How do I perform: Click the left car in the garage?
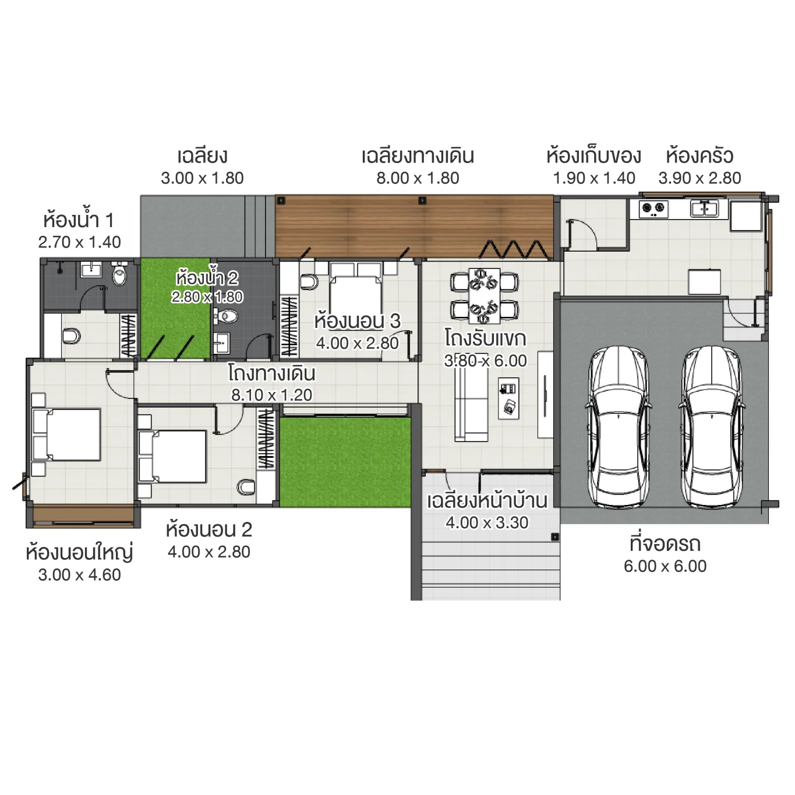(x=618, y=427)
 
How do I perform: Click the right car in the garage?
(x=712, y=427)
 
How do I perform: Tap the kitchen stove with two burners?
(x=653, y=208)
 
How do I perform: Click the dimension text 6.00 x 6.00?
(x=665, y=566)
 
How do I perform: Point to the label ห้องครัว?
(x=699, y=156)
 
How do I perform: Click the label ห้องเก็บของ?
(x=593, y=156)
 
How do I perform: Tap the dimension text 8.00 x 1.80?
(x=418, y=178)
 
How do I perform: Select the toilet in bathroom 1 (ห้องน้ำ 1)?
(x=119, y=275)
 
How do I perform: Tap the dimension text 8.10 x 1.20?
(x=272, y=395)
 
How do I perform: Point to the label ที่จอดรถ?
(x=665, y=544)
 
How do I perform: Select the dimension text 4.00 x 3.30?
(x=487, y=523)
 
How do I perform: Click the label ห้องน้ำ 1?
(x=79, y=221)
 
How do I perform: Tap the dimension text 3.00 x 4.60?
(x=80, y=575)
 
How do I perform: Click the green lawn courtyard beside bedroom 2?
(x=345, y=461)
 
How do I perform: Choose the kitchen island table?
(x=705, y=282)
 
